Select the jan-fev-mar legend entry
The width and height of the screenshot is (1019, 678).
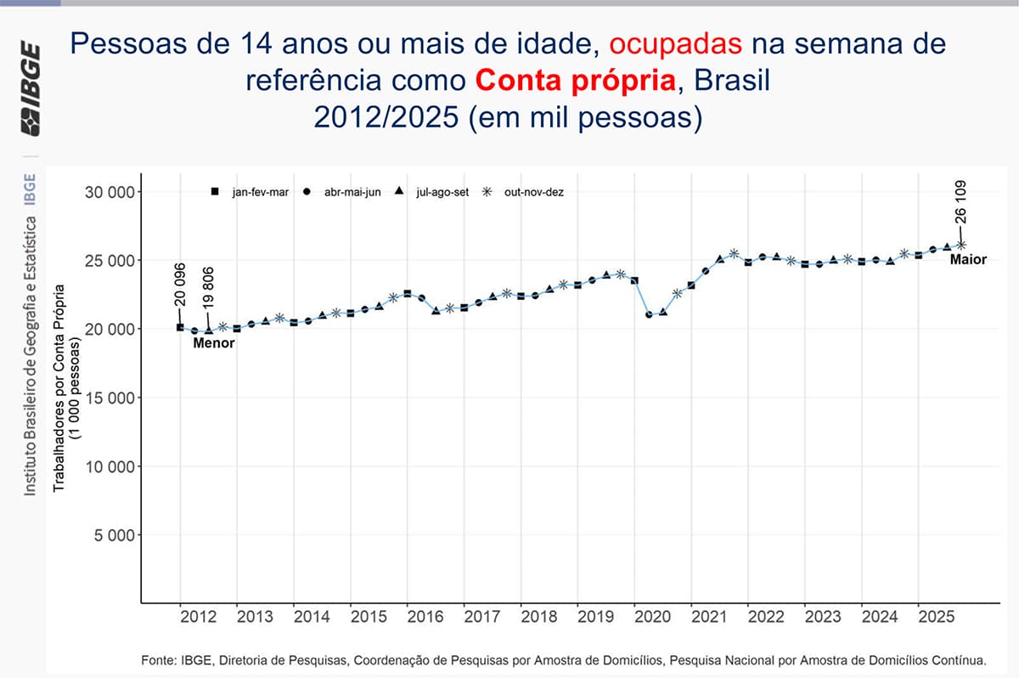pos(251,192)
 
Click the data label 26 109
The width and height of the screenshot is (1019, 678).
pos(960,202)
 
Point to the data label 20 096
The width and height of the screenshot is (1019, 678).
pos(180,287)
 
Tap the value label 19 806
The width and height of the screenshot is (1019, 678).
pos(209,287)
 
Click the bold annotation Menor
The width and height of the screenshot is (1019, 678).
pos(214,344)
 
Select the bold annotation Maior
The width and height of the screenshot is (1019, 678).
pos(968,259)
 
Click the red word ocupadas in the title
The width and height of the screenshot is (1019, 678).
pos(676,44)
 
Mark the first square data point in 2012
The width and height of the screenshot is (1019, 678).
pos(180,327)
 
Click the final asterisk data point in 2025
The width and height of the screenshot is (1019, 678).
pos(960,245)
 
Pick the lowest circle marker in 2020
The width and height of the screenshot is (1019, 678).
pos(650,314)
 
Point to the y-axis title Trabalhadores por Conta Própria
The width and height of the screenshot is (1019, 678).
pos(60,374)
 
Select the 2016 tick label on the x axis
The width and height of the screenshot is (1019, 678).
pos(425,616)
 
